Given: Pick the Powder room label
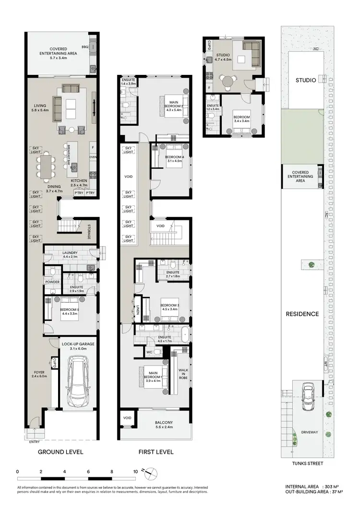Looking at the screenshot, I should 52,282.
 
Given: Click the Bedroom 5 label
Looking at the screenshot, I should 70,311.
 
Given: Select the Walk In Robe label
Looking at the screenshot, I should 183,373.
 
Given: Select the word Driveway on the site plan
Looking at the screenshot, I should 309,432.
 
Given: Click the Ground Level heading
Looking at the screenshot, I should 60,452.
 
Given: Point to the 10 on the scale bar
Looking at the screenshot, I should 135,472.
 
